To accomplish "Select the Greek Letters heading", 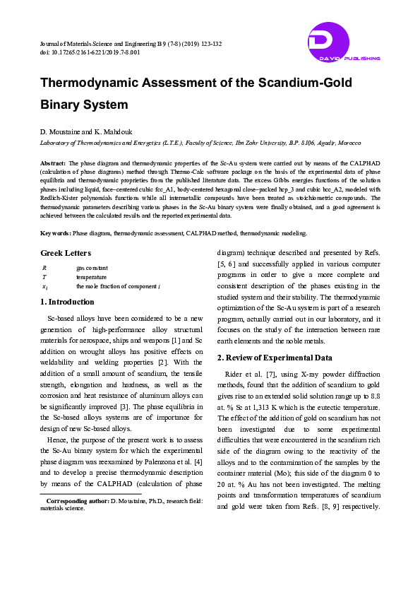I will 66,253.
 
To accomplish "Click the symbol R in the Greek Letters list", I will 44,268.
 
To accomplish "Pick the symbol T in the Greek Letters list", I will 44,277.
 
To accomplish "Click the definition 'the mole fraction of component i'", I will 119,287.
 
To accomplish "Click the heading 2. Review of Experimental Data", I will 275,358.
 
